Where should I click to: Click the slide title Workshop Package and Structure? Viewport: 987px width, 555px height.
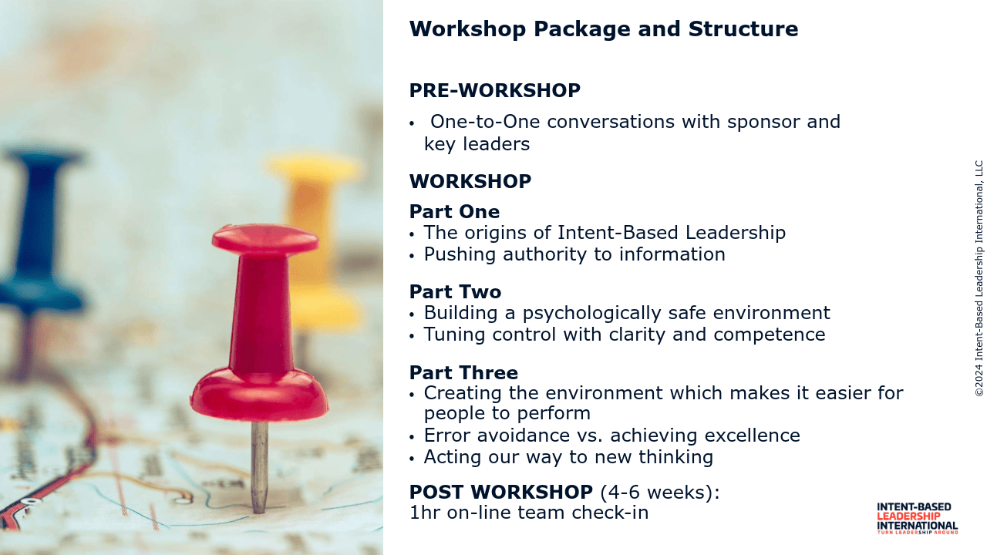604,29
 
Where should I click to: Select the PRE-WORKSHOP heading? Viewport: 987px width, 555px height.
495,91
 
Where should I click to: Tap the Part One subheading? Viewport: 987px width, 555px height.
454,212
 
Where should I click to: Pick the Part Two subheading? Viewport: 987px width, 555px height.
455,292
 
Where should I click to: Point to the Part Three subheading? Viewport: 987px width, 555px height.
463,372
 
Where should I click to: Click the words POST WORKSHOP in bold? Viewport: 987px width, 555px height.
501,492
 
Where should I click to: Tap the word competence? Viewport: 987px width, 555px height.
770,335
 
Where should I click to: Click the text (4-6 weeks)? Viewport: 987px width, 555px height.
659,493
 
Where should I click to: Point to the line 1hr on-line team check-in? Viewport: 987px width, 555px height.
529,513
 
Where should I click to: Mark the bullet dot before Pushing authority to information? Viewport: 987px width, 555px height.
412,256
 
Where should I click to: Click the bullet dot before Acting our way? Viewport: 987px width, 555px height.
412,459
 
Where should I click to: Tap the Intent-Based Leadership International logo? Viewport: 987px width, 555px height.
917,519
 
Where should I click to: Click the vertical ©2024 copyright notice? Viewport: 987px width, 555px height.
979,278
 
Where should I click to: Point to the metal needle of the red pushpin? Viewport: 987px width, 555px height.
259,467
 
